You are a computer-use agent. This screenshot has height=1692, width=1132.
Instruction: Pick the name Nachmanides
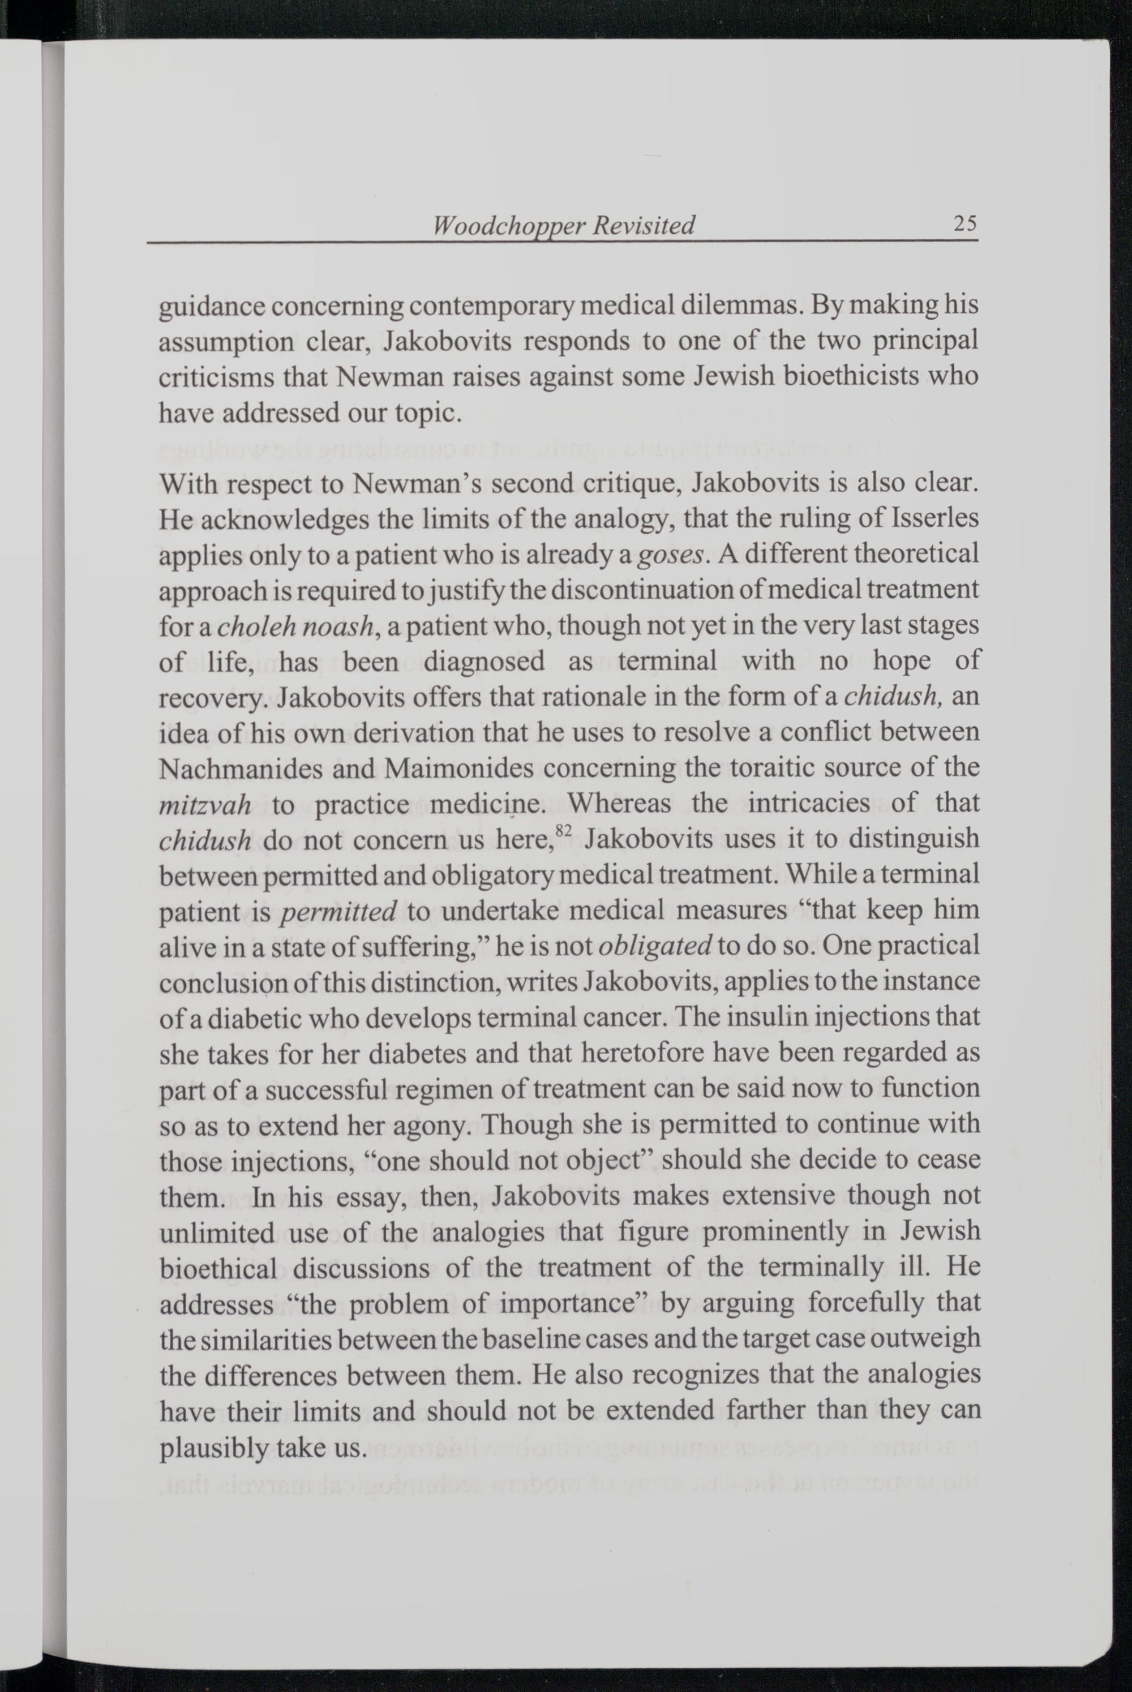(x=239, y=768)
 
